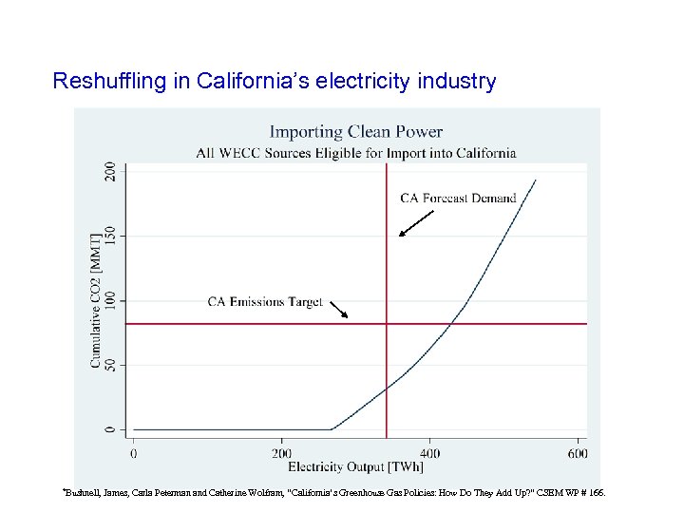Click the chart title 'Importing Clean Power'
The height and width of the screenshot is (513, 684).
(355, 132)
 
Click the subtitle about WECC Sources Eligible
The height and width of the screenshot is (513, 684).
(355, 152)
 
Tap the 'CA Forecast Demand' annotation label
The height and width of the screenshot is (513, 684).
(458, 199)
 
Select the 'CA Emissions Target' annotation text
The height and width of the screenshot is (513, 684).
(265, 302)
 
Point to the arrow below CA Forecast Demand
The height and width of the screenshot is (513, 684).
(415, 223)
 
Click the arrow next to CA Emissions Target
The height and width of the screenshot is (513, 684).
(338, 309)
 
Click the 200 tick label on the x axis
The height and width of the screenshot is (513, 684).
(281, 453)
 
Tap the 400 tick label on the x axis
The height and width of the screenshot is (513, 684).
(429, 453)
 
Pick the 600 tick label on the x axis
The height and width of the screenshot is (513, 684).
(578, 453)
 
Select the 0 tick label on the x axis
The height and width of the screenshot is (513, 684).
(133, 453)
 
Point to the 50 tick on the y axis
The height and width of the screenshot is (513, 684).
(111, 365)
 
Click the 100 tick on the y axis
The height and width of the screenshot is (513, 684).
(111, 300)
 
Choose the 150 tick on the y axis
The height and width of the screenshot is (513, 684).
(111, 236)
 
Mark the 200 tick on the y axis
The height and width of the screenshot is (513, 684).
(111, 172)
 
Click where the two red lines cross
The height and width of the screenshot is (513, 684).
(387, 324)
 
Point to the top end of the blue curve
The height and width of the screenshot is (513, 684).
(535, 180)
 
